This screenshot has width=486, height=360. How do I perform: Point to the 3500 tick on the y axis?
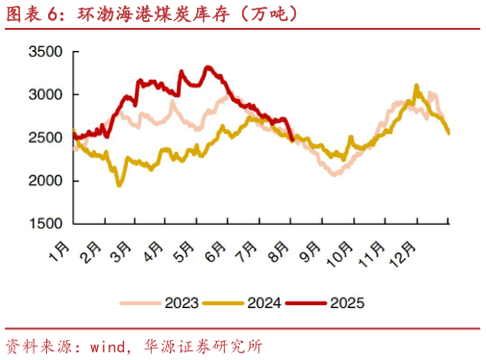point(46,52)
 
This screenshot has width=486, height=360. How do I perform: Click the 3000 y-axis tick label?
point(46,95)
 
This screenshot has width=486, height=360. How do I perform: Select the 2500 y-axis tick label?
point(46,138)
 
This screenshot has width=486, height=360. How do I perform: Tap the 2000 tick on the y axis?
point(46,181)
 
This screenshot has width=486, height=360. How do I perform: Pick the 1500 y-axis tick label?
point(46,224)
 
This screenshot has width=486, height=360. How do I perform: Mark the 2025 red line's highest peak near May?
point(207,67)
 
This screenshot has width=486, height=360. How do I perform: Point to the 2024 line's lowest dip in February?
point(118,184)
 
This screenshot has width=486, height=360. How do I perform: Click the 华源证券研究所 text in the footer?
point(202,346)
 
